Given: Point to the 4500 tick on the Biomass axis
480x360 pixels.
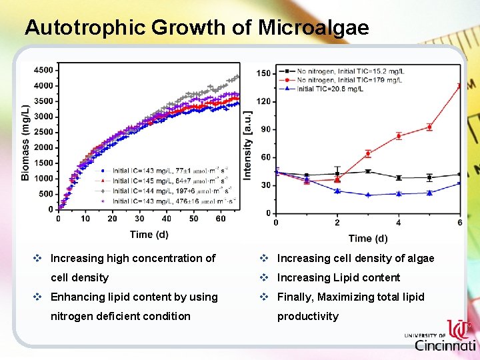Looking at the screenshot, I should click(x=44, y=70).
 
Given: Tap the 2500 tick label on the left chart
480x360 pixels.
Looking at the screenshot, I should click(x=44, y=132).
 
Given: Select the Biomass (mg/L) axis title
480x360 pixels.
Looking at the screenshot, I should click(x=25, y=142).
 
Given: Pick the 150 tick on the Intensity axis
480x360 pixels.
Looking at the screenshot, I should click(x=264, y=73).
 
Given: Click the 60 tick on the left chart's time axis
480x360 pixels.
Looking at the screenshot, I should click(x=221, y=219).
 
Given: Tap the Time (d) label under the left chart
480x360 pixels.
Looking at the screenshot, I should click(x=149, y=234).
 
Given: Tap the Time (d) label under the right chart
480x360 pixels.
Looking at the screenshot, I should click(x=367, y=238).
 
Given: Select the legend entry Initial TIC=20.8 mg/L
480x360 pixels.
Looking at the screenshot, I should click(x=340, y=89).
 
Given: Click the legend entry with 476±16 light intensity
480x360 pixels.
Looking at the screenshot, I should click(x=170, y=201).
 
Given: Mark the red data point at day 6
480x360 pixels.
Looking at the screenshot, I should click(x=459, y=86).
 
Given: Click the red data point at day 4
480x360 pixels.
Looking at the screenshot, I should click(x=399, y=136).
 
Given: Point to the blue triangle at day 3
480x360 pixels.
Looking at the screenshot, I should click(x=368, y=195).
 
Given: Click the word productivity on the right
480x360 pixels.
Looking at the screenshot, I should click(x=307, y=316).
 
